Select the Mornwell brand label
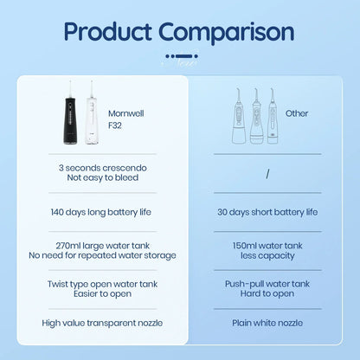coord(128,112)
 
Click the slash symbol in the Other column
coord(268,172)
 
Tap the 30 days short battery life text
coord(269,211)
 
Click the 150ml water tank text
coord(269,244)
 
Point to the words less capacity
coord(269,255)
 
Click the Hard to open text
coord(269,294)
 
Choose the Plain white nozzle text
coord(269,322)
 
